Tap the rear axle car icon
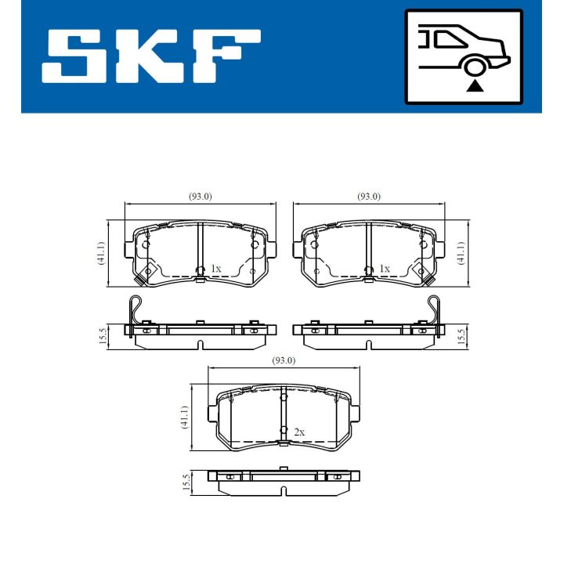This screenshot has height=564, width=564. click(463, 56)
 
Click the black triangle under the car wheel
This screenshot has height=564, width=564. click(473, 85)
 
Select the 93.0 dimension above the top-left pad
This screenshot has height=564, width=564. click(200, 197)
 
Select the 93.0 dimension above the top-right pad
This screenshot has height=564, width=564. click(368, 197)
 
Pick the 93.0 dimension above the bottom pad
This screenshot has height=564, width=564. click(283, 360)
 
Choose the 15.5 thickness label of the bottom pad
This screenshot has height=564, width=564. click(185, 480)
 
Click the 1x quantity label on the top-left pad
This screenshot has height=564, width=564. click(216, 269)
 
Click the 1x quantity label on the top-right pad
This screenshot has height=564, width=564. click(384, 269)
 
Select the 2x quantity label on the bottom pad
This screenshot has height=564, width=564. click(298, 432)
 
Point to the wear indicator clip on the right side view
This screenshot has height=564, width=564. click(433, 309)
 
